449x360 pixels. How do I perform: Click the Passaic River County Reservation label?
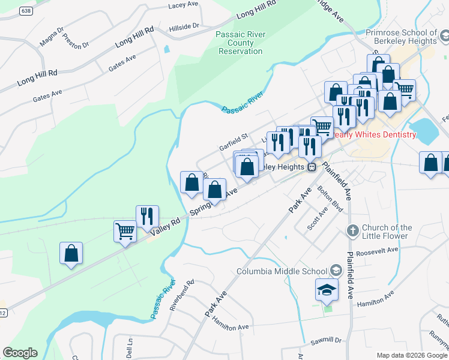click(x=240, y=43)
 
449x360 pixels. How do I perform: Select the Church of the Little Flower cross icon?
click(x=353, y=230)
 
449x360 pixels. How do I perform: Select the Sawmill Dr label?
click(x=325, y=341)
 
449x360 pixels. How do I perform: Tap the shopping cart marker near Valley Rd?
click(x=125, y=231)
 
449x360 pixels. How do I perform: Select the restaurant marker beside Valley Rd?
click(x=148, y=217)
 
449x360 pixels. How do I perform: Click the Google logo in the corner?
click(x=20, y=353)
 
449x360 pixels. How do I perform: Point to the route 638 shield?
click(x=25, y=11)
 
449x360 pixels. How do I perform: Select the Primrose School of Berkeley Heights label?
click(x=405, y=37)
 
